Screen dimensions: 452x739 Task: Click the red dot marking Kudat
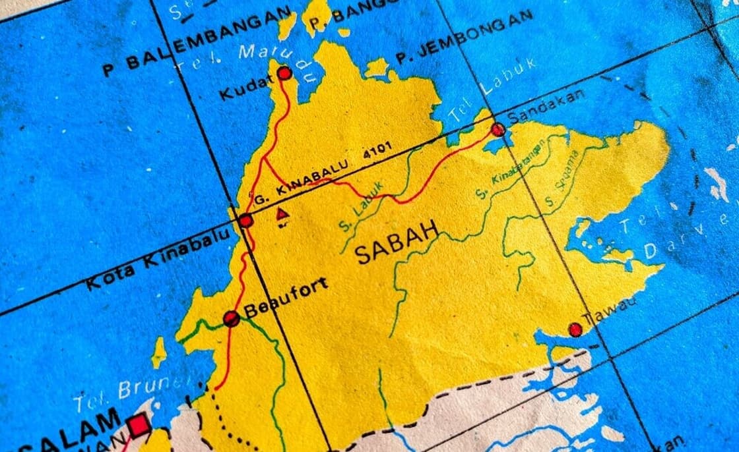coord(284,73)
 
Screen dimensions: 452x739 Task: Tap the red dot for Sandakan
coord(498,129)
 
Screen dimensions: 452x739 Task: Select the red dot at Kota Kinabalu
coord(246,221)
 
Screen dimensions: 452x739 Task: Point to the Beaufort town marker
coord(231,319)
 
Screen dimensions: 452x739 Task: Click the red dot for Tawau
coord(575,329)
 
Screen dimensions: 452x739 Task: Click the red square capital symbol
coord(139,425)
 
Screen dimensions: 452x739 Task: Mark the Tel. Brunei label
coord(131,391)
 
